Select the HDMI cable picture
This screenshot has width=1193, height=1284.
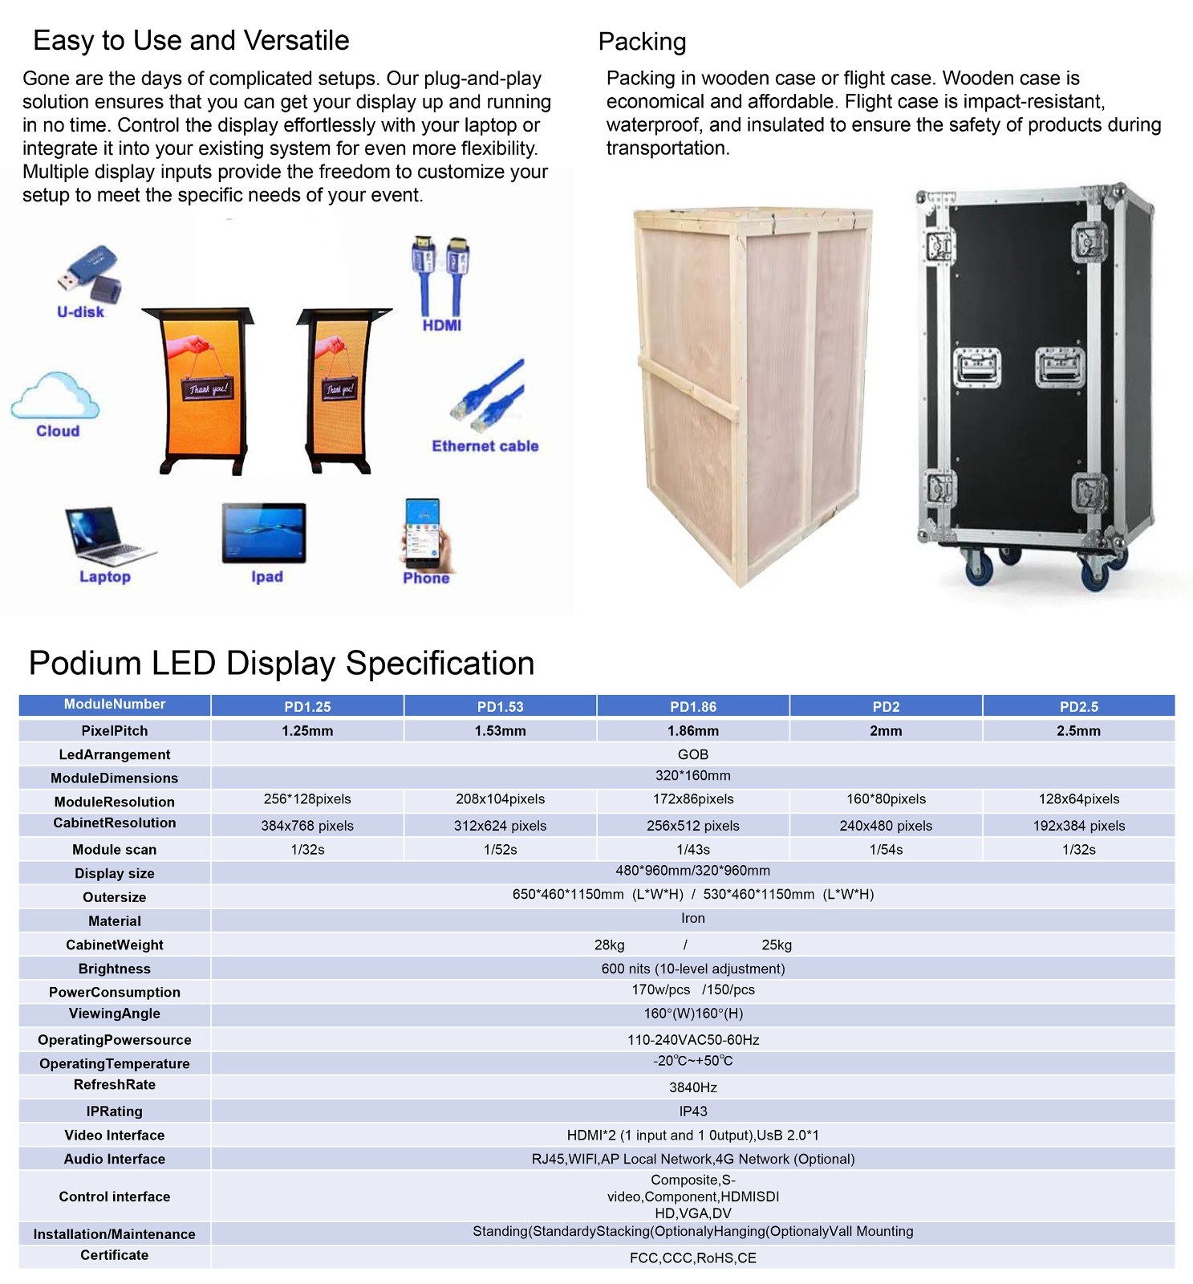coord(440,275)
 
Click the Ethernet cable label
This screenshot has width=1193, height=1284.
coord(485,446)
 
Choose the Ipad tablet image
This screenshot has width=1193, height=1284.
coord(264,533)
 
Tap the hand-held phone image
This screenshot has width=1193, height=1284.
coord(426,534)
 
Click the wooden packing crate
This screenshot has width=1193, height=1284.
coord(753,393)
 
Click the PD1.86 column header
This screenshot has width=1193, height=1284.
coord(692,707)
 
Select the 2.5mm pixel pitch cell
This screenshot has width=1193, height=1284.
coord(1077,731)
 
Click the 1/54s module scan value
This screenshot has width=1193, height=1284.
coord(886,850)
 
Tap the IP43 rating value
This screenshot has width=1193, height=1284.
coord(692,1111)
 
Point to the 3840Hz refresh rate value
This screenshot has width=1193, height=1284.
coord(692,1087)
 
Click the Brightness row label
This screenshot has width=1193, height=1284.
coord(115,969)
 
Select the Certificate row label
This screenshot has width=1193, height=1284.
coord(115,1255)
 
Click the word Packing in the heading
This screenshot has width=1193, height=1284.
coord(642,42)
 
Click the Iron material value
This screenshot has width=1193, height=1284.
coord(692,919)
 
